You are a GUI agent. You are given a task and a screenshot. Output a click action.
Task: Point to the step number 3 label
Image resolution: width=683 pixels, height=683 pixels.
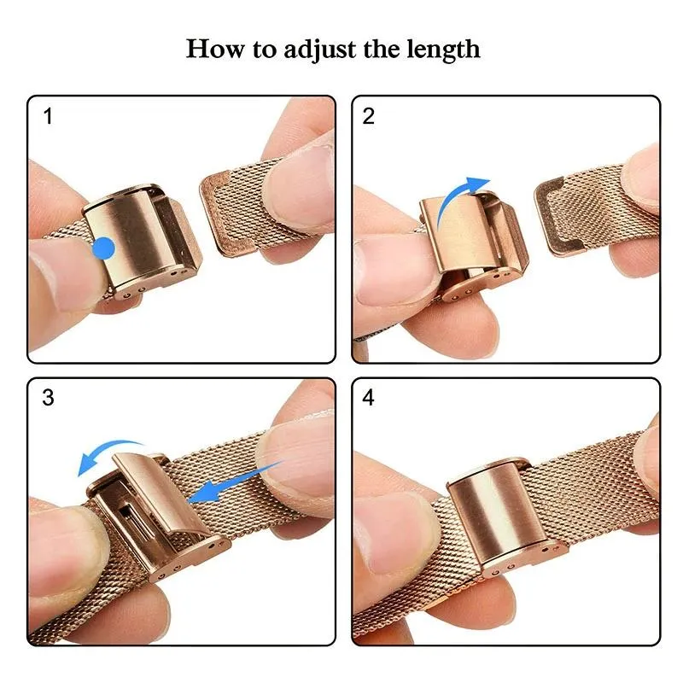tap(48, 399)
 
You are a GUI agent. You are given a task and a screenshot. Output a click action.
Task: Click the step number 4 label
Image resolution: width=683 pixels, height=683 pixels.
tap(370, 399)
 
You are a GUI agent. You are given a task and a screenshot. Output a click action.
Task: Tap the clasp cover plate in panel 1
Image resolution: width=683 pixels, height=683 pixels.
tap(128, 235)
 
